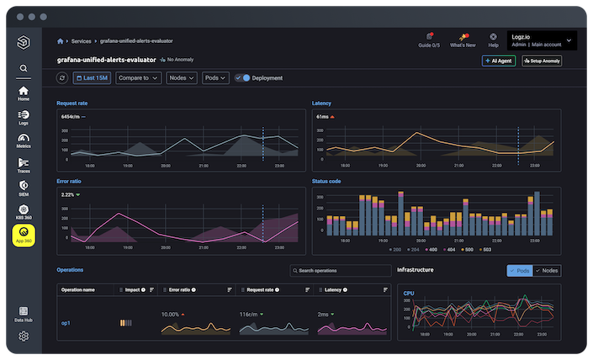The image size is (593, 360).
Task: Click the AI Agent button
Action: point(499,61)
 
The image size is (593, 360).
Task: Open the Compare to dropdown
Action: point(138,78)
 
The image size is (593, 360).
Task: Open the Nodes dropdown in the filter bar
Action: point(181,78)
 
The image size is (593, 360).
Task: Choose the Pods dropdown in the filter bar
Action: point(215,78)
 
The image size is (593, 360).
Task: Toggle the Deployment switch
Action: point(243,78)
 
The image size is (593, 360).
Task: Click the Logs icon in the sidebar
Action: point(24,116)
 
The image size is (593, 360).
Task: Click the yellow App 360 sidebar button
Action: point(24,235)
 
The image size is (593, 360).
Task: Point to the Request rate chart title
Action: point(72,103)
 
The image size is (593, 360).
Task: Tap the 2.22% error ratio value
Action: point(67,194)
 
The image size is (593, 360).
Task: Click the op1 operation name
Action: point(66,323)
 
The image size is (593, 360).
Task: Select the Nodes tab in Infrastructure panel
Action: point(548,271)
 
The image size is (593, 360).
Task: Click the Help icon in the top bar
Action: point(493,40)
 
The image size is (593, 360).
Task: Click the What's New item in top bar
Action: point(462,40)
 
